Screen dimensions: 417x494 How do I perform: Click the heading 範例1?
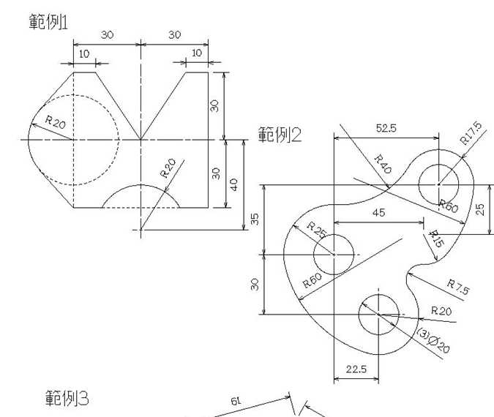pyautogui.click(x=48, y=21)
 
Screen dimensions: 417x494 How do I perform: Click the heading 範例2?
pyautogui.click(x=280, y=135)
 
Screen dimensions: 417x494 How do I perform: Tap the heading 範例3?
pyautogui.click(x=67, y=399)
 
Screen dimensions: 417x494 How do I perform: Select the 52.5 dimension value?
pyautogui.click(x=386, y=128)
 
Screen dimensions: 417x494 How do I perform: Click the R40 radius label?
pyautogui.click(x=382, y=164)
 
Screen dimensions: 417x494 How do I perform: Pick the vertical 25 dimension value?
pyautogui.click(x=480, y=209)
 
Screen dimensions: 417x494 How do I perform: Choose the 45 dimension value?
pyautogui.click(x=378, y=213)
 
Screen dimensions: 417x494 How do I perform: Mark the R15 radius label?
pyautogui.click(x=435, y=238)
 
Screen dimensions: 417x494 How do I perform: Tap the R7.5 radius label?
pyautogui.click(x=457, y=286)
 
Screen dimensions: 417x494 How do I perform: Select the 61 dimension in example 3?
pyautogui.click(x=236, y=402)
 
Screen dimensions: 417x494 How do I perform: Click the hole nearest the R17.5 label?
pyautogui.click(x=438, y=184)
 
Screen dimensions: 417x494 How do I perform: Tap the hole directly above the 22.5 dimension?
pyautogui.click(x=378, y=315)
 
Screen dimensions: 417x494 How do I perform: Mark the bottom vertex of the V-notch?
pyautogui.click(x=141, y=139)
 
